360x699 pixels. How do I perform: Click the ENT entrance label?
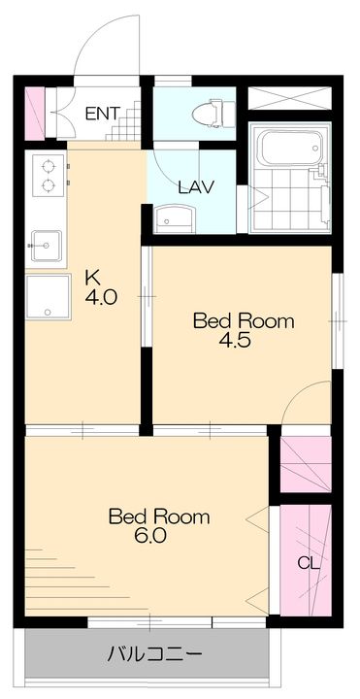coord(103,114)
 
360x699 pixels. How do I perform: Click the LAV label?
coord(196,186)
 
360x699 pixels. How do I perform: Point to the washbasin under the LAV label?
coord(175,218)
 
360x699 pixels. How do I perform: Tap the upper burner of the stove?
coord(48,167)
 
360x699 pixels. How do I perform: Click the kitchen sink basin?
coord(47,246)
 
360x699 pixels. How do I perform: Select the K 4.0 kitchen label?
coord(101,287)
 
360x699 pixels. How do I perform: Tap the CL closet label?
coord(309,564)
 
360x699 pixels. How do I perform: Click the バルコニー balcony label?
coord(154,654)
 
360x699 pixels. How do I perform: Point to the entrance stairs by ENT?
coord(124,121)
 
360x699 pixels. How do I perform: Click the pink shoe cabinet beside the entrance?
coord(35,113)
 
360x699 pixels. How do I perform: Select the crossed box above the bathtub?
coord(289,98)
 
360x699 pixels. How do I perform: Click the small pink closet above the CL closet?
coord(306,464)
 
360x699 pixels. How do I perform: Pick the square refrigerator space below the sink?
coord(49,297)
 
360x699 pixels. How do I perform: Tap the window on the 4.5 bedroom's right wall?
coord(338,321)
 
